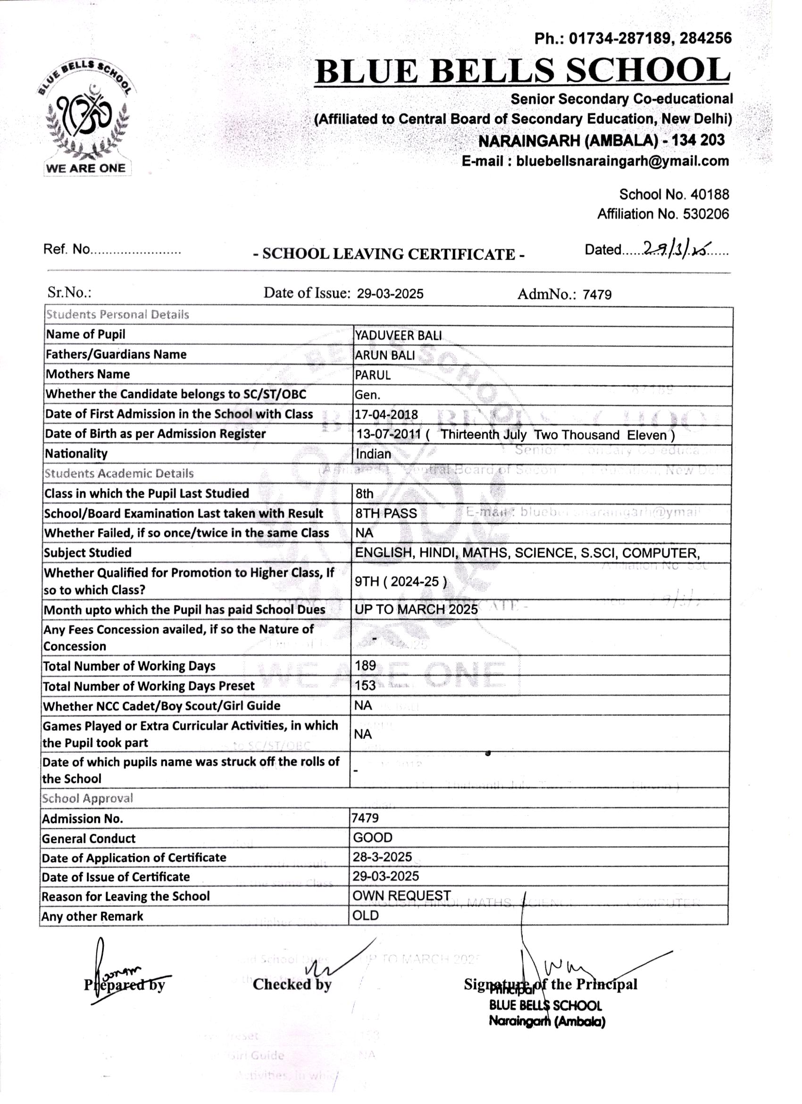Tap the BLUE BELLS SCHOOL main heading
pos(522,70)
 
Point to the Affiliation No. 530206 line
pos(662,214)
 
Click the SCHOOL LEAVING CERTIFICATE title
pos(389,254)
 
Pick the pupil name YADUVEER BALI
pos(398,335)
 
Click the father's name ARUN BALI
pos(384,356)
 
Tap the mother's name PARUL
pos(373,375)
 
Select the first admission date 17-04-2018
pos(386,415)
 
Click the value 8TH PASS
pos(386,514)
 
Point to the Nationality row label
pos(76,454)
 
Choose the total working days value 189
pos(365,665)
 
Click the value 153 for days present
pos(365,685)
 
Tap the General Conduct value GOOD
pos(373,837)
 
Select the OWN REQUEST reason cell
pos(402,896)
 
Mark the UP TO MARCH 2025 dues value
pos(416,610)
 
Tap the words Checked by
pos(292,984)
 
